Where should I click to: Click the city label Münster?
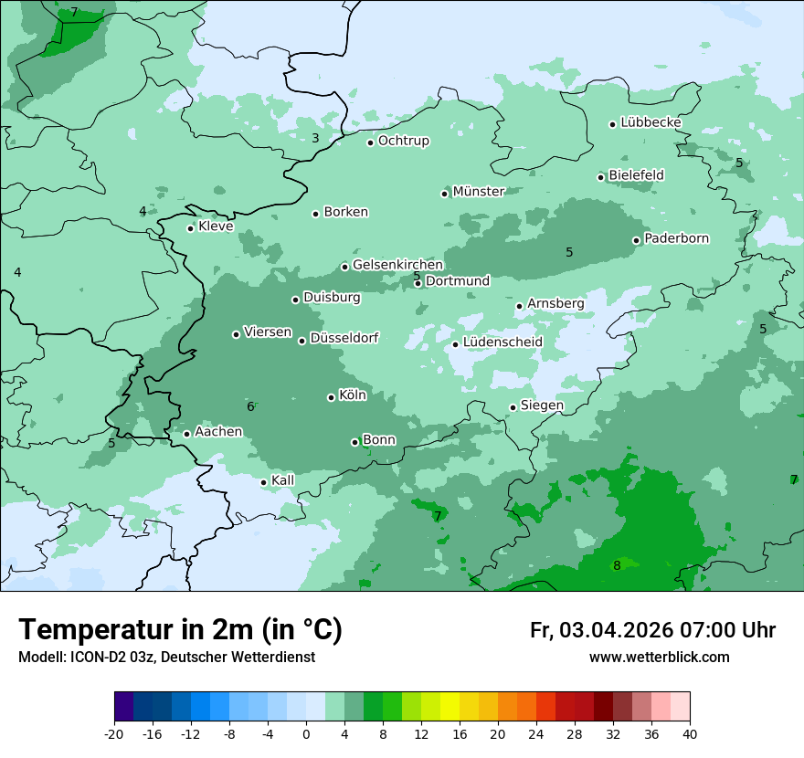478,192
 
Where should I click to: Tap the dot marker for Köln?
331,397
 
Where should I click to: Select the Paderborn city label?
676,239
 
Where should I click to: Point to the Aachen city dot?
186,434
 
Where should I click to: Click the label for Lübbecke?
651,122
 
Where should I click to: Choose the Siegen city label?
542,405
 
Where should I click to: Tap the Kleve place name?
216,226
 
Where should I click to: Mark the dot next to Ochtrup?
370,142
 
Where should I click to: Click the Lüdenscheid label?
503,342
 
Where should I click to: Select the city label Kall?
282,480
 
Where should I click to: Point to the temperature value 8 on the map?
617,566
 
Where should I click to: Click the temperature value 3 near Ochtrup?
315,139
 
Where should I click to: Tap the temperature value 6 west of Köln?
250,407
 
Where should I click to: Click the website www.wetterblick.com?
659,658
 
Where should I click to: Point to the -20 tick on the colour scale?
114,733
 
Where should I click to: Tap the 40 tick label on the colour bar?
689,733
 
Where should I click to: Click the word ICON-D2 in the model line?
94,658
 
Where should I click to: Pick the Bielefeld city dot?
600,177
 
